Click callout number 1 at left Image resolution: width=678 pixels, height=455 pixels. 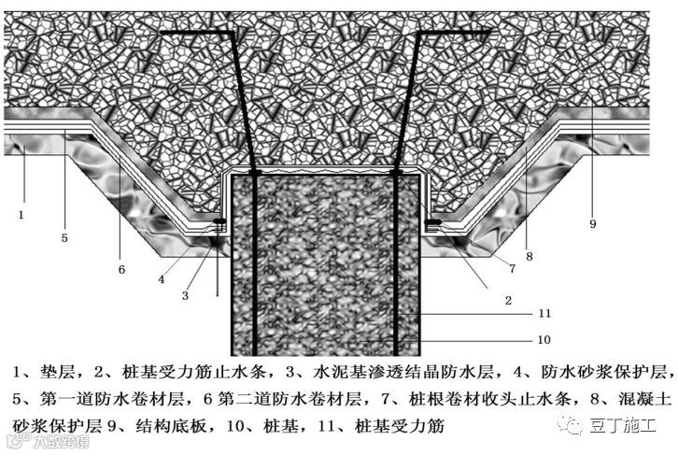pos(19,215)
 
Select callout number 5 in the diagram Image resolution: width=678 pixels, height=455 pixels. pos(64,238)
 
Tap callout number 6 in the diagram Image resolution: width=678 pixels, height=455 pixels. pos(120,269)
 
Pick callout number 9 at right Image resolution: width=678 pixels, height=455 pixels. pos(592,224)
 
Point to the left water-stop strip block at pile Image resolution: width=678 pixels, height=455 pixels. pos(221,223)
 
